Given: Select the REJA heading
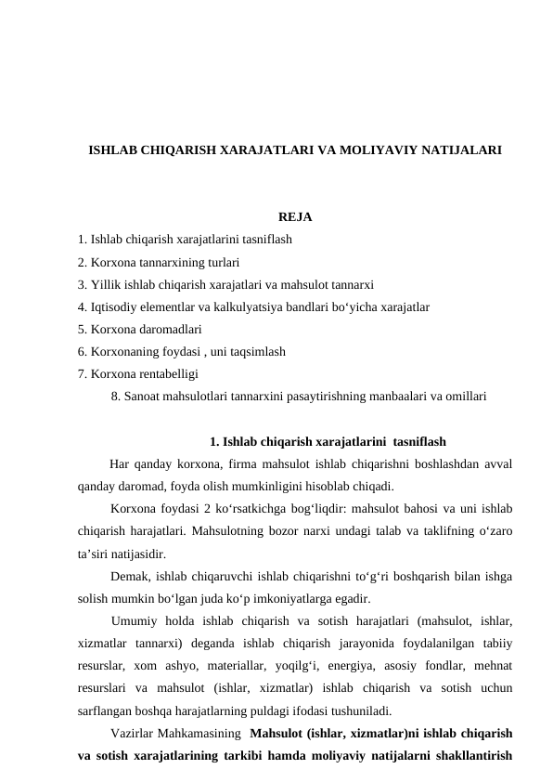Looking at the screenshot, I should (x=294, y=218).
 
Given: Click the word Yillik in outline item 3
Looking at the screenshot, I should (x=106, y=285).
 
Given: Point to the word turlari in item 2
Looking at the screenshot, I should (x=223, y=263).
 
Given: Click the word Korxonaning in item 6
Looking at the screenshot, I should (x=124, y=352).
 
